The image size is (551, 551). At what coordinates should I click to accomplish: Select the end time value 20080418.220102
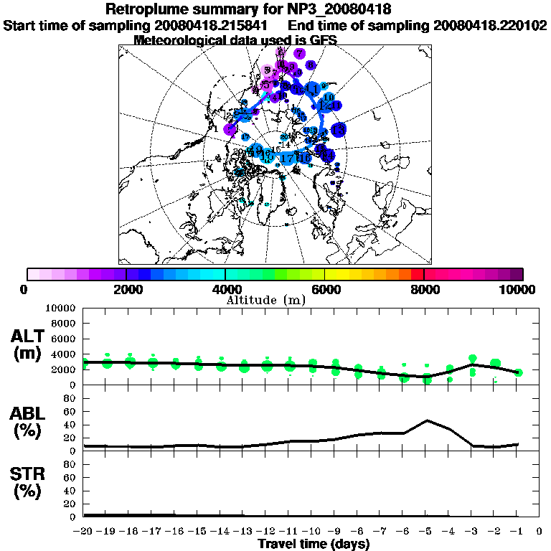[x=491, y=26]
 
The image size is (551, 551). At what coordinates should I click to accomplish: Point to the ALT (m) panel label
[x=28, y=345]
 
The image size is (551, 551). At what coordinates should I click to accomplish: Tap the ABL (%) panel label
[x=28, y=423]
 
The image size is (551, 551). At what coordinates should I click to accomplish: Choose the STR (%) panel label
[x=28, y=483]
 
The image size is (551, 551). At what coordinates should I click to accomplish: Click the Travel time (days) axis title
[x=314, y=545]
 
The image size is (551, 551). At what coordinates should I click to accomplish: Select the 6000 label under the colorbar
[x=325, y=290]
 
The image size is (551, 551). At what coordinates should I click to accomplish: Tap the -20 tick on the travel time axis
[x=84, y=532]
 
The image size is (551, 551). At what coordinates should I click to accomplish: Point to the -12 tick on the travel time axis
[x=266, y=532]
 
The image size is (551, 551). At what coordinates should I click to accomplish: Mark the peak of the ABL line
[x=427, y=420]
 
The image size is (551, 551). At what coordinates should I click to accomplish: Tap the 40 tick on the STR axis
[x=70, y=490]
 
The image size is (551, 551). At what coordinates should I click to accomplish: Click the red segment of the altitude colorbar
[x=417, y=274]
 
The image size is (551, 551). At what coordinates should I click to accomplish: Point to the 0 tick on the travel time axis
[x=540, y=532]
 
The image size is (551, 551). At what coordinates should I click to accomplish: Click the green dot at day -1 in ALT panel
[x=519, y=372]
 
